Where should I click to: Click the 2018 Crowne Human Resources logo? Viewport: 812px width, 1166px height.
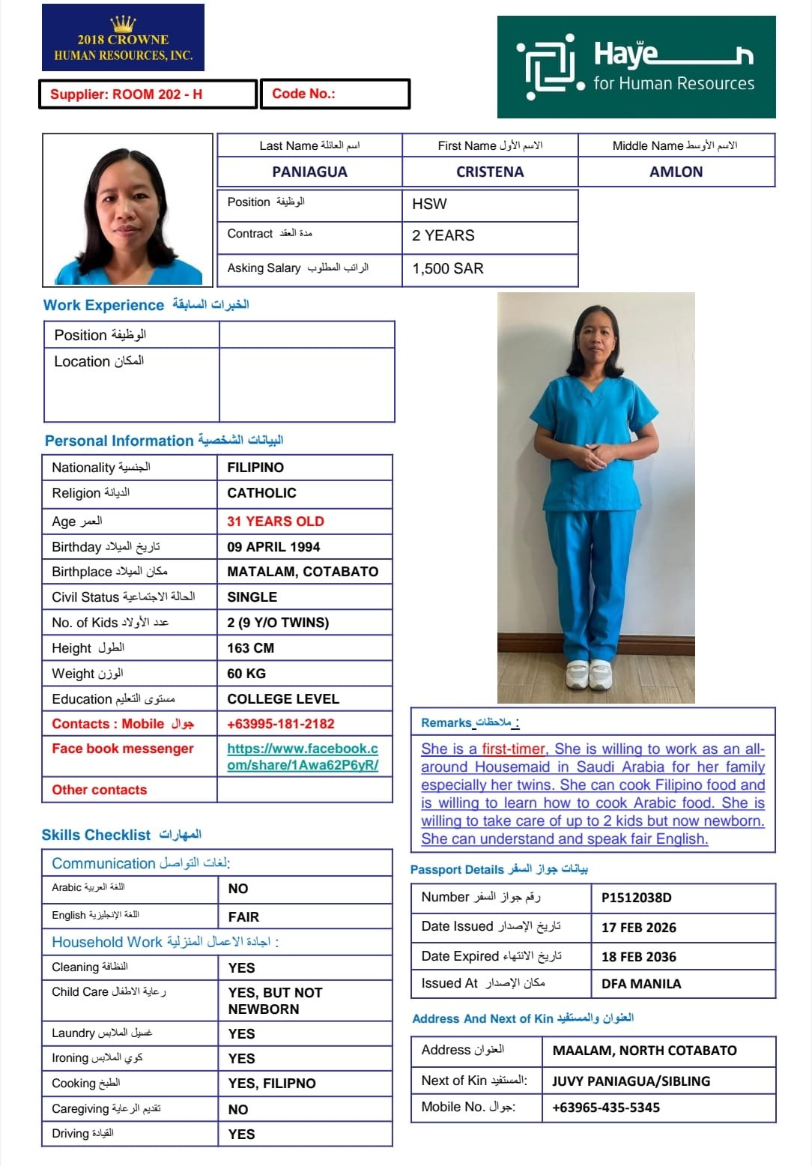pos(123,37)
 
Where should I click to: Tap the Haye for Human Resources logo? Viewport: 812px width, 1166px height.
pos(636,67)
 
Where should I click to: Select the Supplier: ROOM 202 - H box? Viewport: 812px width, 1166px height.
pos(148,94)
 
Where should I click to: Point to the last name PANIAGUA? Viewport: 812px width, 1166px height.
pos(309,172)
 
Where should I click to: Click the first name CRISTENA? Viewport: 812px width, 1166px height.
pos(490,172)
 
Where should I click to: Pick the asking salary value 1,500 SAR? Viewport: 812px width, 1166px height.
pos(448,268)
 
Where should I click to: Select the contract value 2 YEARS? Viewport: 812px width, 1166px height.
pos(443,235)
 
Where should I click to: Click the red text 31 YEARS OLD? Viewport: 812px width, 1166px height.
pos(275,522)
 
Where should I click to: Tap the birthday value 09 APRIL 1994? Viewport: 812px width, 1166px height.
pos(273,547)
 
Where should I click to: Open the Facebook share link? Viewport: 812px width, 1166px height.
pos(303,756)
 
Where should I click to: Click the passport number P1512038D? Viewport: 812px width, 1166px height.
pos(636,898)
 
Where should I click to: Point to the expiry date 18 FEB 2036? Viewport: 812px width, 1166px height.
pos(638,957)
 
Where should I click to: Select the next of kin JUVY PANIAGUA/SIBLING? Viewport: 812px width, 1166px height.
pos(631,1081)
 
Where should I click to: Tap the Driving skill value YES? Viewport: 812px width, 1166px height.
pos(241,1135)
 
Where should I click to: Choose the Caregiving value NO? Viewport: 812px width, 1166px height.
pos(237,1110)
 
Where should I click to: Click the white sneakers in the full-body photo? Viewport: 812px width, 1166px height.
pos(589,674)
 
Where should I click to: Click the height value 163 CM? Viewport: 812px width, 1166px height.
pos(250,648)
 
